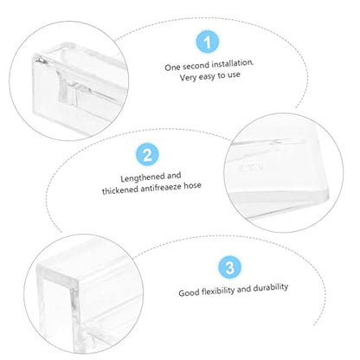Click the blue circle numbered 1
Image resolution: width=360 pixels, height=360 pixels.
click(207, 42)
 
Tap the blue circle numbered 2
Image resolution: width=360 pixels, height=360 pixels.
click(147, 155)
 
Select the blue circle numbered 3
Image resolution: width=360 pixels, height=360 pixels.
click(229, 267)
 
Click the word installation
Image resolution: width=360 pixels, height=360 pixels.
click(232, 63)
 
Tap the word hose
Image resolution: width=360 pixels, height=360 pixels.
click(192, 185)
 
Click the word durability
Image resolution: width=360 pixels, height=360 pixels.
click(271, 287)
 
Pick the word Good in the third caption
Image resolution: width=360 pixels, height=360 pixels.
click(189, 292)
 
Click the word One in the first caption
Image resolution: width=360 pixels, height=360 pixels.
click(172, 67)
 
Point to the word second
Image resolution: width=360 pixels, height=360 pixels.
click(196, 66)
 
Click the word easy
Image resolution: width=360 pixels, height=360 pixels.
click(206, 77)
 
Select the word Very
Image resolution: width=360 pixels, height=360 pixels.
click(187, 78)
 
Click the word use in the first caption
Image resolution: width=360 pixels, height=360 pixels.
click(234, 75)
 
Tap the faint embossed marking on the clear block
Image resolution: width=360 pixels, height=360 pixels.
click(249, 168)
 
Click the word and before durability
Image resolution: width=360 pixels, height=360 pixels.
click(244, 289)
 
